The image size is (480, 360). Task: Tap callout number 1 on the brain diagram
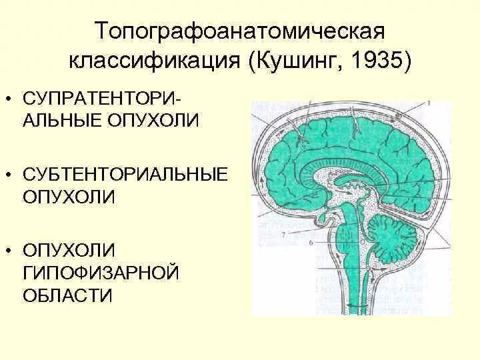pos(429,103)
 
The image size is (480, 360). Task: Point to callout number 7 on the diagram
pos(284,235)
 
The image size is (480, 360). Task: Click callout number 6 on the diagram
pos(311,245)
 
